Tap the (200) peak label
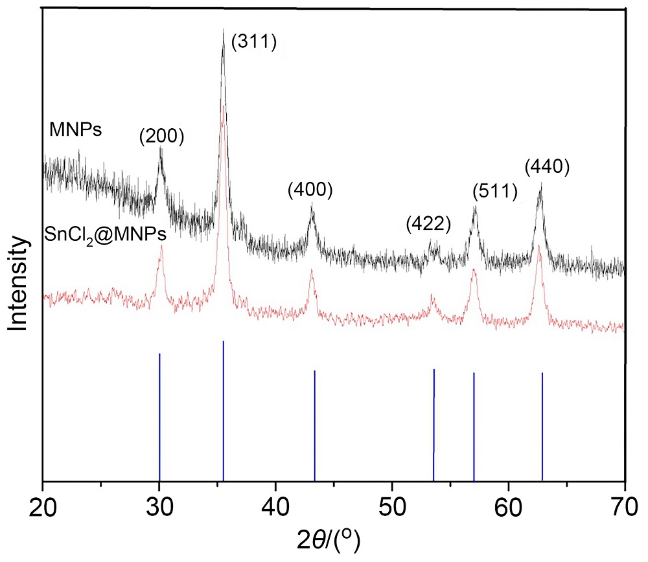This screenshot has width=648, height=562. pyautogui.click(x=161, y=136)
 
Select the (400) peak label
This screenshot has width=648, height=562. pyautogui.click(x=309, y=190)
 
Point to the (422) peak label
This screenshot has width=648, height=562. pyautogui.click(x=428, y=224)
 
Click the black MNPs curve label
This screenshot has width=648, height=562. pyautogui.click(x=72, y=131)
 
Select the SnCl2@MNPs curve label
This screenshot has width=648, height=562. pyautogui.click(x=105, y=236)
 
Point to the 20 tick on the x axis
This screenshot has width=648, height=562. pyautogui.click(x=43, y=504)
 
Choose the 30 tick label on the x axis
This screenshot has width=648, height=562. pyautogui.click(x=159, y=504)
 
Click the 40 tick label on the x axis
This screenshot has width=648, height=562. pyautogui.click(x=276, y=504)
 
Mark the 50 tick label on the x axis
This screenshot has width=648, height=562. pyautogui.click(x=392, y=504)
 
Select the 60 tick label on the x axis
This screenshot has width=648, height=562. pyautogui.click(x=509, y=504)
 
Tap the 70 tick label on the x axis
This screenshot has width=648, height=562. pyautogui.click(x=624, y=504)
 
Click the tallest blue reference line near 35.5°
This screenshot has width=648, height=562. pyautogui.click(x=224, y=411)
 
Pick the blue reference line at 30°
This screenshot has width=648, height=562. pyautogui.click(x=159, y=418)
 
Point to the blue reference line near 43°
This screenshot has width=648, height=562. pyautogui.click(x=314, y=426)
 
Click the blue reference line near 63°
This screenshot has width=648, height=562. pyautogui.click(x=542, y=427)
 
